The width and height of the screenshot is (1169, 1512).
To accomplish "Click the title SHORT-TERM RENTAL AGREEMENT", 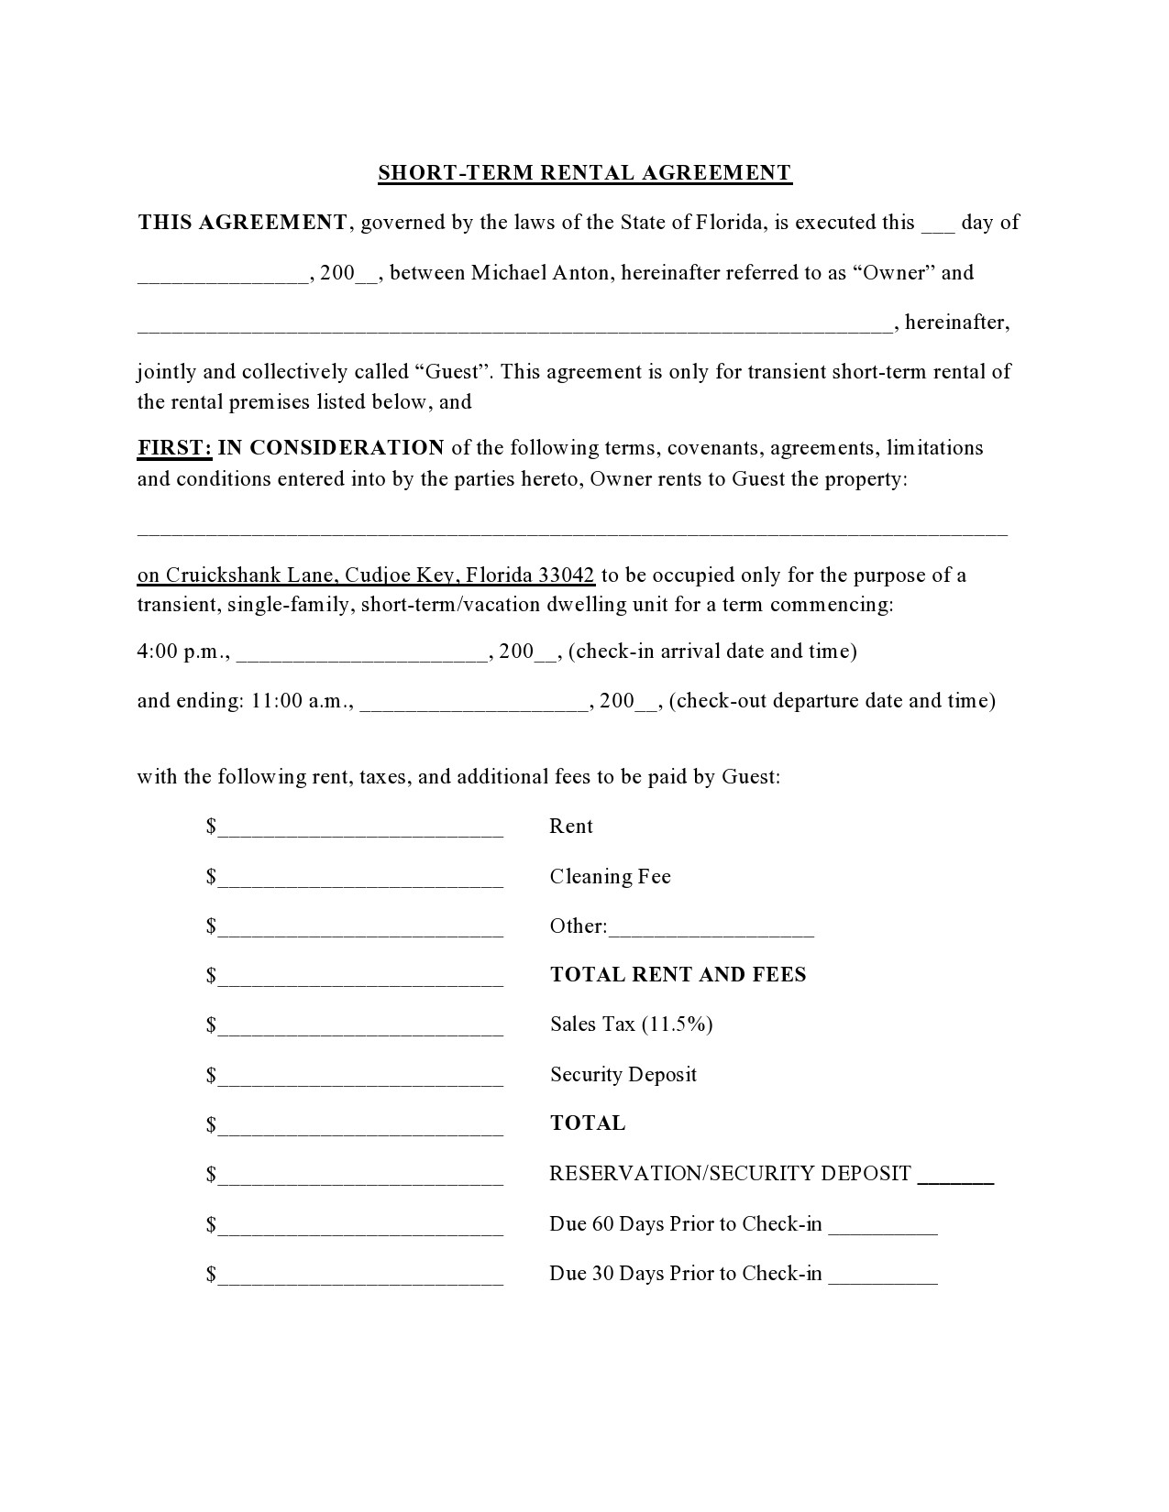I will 584,172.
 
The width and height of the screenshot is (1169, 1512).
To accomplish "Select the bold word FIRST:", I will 174,447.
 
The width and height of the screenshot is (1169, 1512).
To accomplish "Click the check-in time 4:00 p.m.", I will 182,652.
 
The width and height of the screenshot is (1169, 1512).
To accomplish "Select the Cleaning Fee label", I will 610,876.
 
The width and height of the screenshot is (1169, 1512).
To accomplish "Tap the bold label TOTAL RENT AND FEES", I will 678,974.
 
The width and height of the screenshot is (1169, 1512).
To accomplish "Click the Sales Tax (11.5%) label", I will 631,1024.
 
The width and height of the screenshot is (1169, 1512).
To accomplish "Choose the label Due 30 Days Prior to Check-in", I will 685,1273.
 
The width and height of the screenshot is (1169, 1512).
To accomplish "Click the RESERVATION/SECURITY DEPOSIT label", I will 730,1173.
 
